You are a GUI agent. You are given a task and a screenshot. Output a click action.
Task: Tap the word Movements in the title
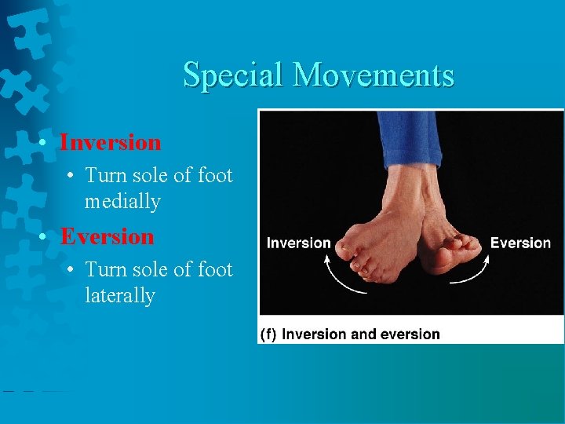point(373,76)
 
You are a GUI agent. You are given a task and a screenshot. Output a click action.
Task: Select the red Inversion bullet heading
point(111,143)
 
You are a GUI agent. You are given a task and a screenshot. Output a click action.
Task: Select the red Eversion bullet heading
point(108,236)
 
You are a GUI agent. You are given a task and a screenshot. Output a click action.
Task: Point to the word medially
point(122,202)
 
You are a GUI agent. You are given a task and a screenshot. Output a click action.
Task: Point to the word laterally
point(120,296)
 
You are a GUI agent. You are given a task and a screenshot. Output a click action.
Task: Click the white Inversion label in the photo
point(298,243)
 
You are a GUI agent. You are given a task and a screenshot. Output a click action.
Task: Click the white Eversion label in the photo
point(520,243)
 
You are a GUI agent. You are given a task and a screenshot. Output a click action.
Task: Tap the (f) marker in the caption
point(268,334)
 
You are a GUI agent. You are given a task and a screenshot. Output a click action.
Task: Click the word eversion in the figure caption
point(410,334)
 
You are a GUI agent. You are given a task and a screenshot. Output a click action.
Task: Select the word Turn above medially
point(106,175)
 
